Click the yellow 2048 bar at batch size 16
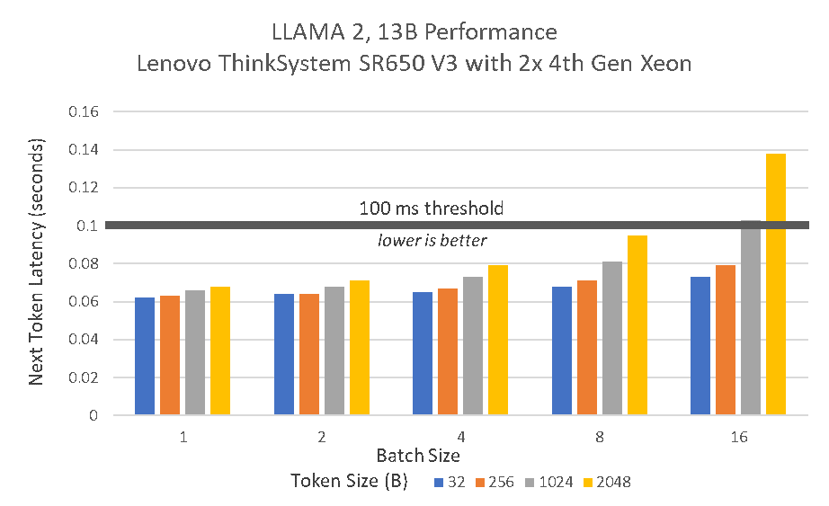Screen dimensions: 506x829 point(776,284)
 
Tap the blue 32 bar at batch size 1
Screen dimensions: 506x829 point(145,356)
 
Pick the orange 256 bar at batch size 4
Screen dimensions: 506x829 point(448,351)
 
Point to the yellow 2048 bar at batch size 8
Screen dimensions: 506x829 point(637,325)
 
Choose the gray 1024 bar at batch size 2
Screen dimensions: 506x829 point(334,351)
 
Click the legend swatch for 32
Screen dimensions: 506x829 point(440,482)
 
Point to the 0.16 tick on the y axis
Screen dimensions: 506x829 point(84,112)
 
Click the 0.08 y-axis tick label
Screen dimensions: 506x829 point(84,264)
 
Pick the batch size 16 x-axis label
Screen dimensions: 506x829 point(738,438)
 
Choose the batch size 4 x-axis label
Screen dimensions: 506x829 point(460,438)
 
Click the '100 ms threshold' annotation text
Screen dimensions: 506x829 point(432,209)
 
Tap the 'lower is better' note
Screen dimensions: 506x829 point(432,241)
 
